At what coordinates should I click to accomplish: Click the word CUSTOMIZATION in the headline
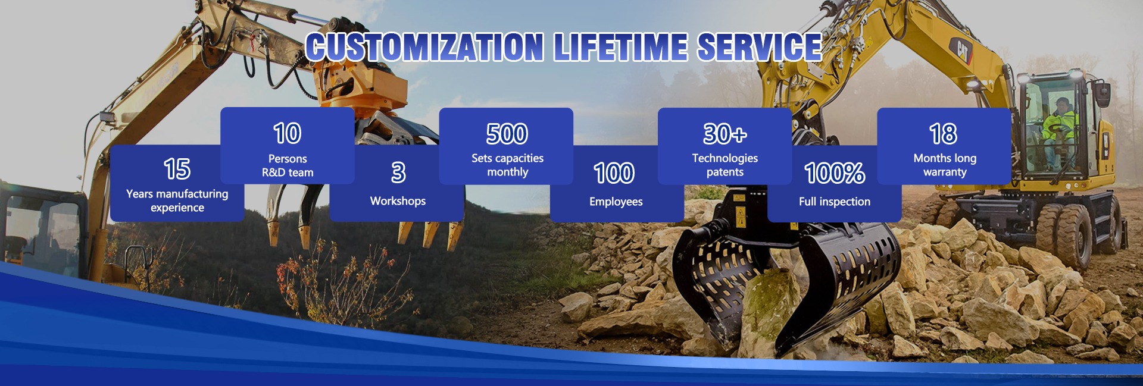click(x=424, y=47)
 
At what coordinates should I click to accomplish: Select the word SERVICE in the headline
click(x=760, y=47)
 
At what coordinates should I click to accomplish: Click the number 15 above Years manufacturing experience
click(x=177, y=169)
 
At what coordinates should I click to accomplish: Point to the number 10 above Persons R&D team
click(x=288, y=133)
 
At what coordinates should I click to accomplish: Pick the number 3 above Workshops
click(x=398, y=172)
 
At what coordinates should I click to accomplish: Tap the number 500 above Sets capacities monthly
click(x=507, y=134)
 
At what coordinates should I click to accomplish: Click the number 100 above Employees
click(x=615, y=173)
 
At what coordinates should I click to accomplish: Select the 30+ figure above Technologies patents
click(x=725, y=134)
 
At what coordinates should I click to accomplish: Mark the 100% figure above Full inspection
click(x=835, y=173)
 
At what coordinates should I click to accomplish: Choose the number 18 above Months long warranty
click(x=944, y=134)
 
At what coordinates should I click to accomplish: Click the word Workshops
click(x=398, y=201)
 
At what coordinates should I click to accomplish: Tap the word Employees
click(x=616, y=202)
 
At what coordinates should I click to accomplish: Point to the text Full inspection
click(x=835, y=202)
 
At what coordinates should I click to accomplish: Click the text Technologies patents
click(x=725, y=165)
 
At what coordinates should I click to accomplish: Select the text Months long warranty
click(x=945, y=165)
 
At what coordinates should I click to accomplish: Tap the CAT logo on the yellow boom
click(x=961, y=50)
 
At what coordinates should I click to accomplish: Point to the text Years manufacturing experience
click(x=177, y=200)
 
